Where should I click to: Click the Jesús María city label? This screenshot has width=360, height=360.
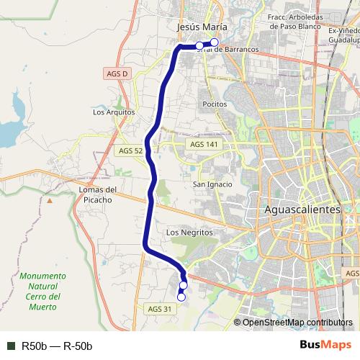(x=197, y=27)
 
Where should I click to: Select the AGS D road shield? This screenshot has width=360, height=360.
(x=116, y=73)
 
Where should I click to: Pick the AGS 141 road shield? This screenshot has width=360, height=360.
(x=203, y=145)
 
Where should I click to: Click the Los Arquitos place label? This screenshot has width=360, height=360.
(x=114, y=112)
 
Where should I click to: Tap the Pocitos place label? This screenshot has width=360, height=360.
(x=215, y=104)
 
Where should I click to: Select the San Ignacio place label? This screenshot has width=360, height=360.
(x=212, y=184)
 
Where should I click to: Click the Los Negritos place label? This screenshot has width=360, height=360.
(x=189, y=233)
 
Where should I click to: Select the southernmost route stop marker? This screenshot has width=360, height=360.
(x=181, y=297)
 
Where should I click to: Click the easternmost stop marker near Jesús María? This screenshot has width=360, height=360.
(x=214, y=43)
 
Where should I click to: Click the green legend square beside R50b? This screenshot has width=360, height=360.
(x=11, y=346)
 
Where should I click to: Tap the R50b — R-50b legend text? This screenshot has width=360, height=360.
(x=57, y=346)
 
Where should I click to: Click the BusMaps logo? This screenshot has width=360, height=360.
(x=325, y=346)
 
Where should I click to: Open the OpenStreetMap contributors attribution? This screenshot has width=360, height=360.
(x=297, y=323)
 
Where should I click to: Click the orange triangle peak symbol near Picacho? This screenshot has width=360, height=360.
(x=50, y=201)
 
